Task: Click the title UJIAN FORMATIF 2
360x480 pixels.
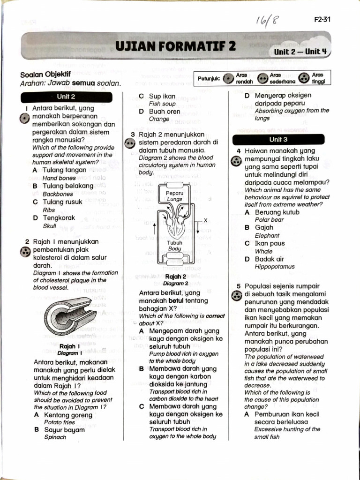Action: point(176,47)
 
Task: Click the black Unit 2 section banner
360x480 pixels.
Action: point(66,97)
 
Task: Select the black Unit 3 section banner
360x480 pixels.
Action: point(278,139)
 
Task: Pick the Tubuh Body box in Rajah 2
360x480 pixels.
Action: point(174,246)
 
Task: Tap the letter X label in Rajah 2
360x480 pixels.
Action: point(205,220)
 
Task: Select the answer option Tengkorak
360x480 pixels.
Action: point(59,217)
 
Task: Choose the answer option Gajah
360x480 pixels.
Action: point(265,227)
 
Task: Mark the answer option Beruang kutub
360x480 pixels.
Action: point(277,212)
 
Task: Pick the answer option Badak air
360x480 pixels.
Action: point(270,259)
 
